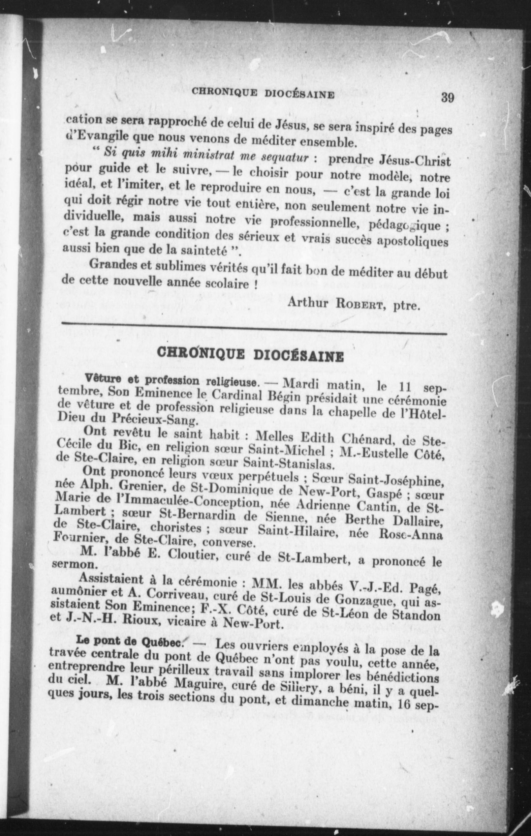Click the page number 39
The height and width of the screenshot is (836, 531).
(447, 97)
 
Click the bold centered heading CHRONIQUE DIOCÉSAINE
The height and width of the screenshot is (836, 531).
(250, 355)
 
